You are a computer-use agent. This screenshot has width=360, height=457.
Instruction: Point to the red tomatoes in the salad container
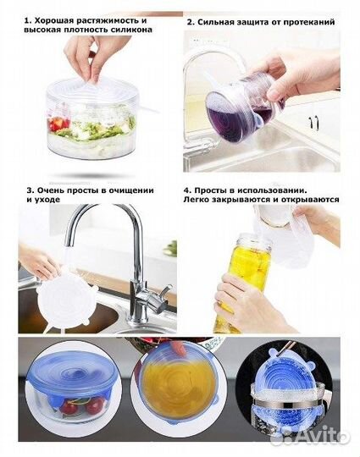(59, 124)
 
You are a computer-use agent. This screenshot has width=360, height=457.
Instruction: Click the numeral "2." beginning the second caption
(191, 22)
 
